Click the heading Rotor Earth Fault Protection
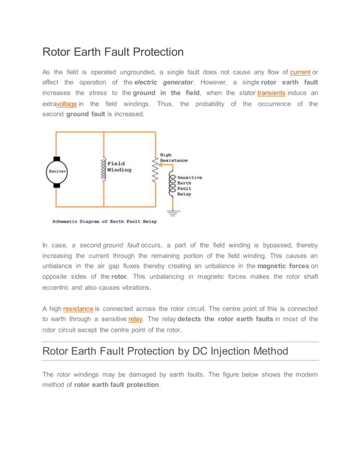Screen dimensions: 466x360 (x=113, y=52)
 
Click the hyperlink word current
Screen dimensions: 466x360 (x=300, y=72)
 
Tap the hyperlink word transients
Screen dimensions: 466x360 (x=271, y=93)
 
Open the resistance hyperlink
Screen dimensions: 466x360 (x=78, y=309)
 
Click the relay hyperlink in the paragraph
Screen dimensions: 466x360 (x=135, y=319)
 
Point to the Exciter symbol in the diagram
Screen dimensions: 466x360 (x=56, y=170)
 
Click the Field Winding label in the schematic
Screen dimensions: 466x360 (x=120, y=167)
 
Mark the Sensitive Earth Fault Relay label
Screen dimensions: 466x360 (x=190, y=185)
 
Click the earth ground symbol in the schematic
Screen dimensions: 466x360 (x=172, y=213)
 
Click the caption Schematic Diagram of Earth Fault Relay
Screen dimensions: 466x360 (x=104, y=222)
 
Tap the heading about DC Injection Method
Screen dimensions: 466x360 (x=165, y=351)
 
